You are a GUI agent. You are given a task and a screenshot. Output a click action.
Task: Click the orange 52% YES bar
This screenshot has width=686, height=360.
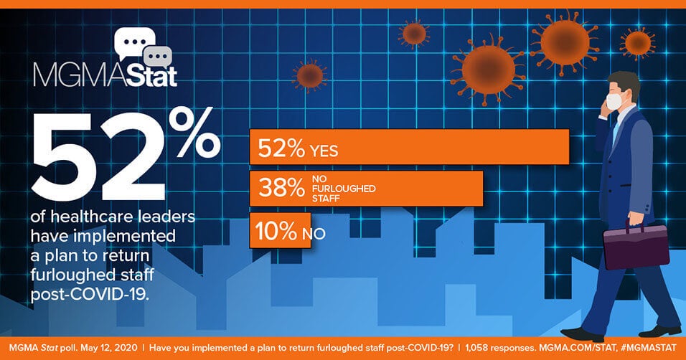(409, 148)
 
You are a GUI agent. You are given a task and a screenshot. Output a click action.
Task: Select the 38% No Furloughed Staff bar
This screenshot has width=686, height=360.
(365, 188)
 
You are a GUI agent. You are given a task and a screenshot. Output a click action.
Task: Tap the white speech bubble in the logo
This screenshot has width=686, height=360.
(135, 44)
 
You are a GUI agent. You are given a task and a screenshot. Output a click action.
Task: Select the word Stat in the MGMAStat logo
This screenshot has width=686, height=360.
(141, 76)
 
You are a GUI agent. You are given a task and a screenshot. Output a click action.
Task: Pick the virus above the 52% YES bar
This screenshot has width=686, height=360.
(309, 74)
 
